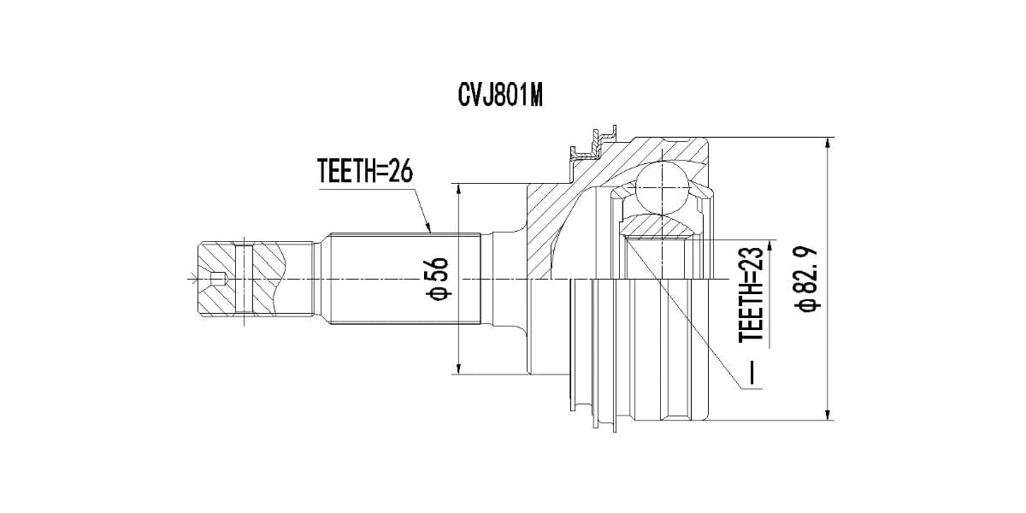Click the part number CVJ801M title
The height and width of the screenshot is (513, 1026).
500,96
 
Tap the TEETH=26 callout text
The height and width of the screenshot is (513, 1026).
364,171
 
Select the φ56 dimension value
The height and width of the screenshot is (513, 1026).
438,279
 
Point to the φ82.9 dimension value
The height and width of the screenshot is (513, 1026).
806,279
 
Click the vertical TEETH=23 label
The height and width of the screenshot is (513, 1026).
752,294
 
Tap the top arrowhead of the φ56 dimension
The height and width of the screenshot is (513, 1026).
458,191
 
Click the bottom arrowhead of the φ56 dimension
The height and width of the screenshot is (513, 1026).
458,368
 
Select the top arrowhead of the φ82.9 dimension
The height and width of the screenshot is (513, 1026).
828,144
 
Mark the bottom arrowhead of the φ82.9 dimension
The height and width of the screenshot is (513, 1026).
828,413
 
